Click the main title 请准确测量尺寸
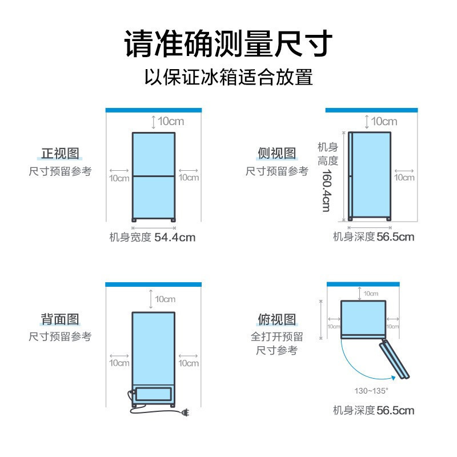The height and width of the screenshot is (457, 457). (228, 44)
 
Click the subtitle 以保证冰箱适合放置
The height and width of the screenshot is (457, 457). (228, 77)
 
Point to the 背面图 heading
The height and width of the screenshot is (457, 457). (60, 319)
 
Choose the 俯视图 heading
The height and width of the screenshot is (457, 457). (276, 319)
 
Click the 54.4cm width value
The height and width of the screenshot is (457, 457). (175, 237)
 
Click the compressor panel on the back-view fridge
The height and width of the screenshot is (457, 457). (154, 394)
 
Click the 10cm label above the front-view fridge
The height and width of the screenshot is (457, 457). (171, 121)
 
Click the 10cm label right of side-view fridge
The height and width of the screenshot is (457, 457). (404, 177)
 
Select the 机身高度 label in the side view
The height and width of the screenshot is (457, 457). (328, 154)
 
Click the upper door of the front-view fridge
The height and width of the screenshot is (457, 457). (154, 154)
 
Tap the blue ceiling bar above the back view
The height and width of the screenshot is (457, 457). (154, 284)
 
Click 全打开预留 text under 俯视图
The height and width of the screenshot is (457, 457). (276, 336)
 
